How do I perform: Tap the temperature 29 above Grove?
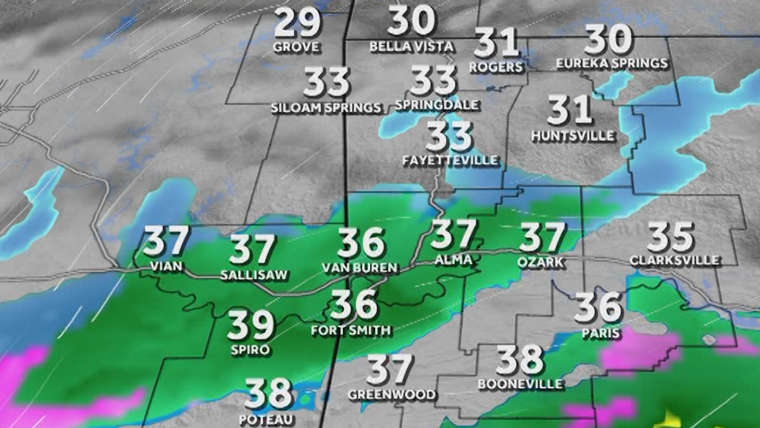[x=297, y=24]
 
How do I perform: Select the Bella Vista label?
[x=412, y=46]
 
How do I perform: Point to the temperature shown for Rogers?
[x=497, y=43]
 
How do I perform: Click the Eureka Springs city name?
[x=612, y=63]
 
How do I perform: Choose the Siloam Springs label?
[x=326, y=107]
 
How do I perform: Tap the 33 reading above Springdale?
[x=433, y=81]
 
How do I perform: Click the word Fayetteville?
[x=450, y=160]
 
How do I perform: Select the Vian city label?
[x=166, y=266]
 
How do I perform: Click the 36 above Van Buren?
[x=361, y=243]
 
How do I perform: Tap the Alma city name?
[x=453, y=260]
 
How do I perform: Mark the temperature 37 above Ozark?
[x=542, y=238]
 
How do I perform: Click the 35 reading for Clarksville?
[x=671, y=237]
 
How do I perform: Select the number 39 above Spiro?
[x=251, y=325]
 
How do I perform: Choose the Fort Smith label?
[x=351, y=330]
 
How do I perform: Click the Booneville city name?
[x=520, y=384]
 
